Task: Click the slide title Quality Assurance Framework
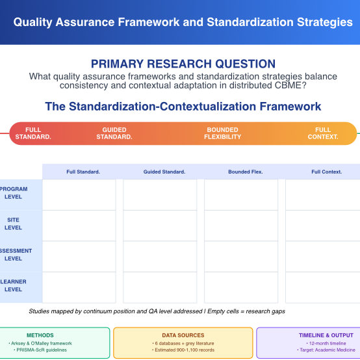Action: click(183, 22)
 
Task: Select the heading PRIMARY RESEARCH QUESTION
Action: click(183, 64)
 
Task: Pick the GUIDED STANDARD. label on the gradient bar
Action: click(114, 133)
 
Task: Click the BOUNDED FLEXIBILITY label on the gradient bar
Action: click(222, 133)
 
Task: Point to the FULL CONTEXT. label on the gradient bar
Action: click(323, 133)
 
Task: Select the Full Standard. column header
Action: click(83, 172)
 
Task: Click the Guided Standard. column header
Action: click(164, 172)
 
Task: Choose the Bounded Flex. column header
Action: click(245, 172)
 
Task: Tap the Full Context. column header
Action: click(326, 172)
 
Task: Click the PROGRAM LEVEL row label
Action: click(14, 193)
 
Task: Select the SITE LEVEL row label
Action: click(14, 224)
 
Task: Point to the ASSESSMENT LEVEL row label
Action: click(14, 255)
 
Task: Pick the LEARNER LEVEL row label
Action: click(14, 286)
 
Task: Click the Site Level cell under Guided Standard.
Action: click(160, 225)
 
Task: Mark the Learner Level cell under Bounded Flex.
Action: click(241, 287)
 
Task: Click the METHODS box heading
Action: click(40, 335)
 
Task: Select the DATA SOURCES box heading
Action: click(183, 335)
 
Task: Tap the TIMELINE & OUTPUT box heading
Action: click(327, 335)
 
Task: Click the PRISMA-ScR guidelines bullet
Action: click(40, 350)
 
